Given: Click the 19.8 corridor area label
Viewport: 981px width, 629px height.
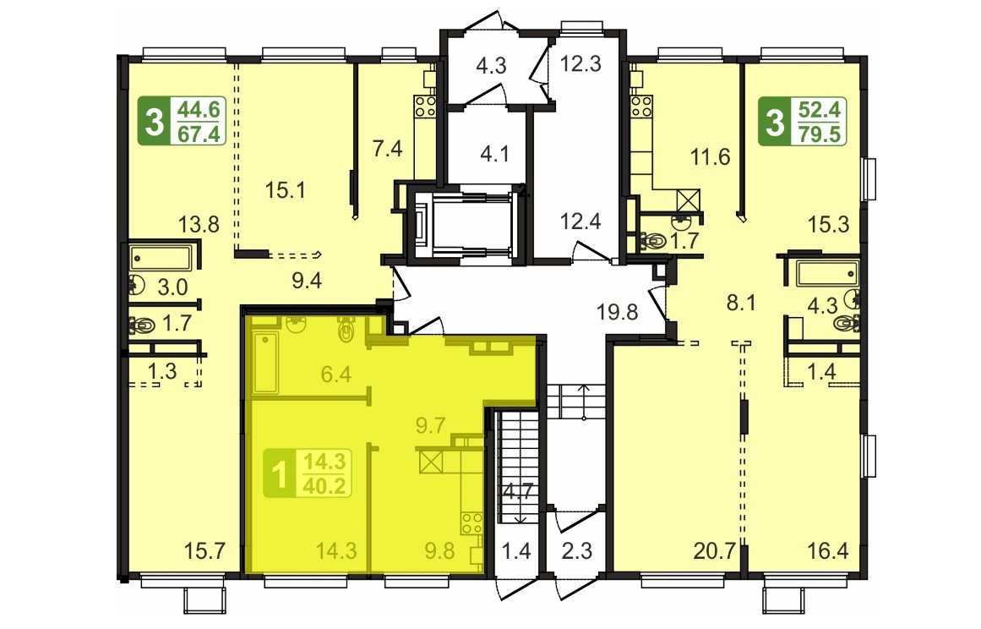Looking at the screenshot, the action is (617, 311).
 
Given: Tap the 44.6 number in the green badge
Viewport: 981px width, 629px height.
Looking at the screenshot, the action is (199, 110).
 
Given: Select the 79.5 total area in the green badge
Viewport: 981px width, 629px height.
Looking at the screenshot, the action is (820, 134).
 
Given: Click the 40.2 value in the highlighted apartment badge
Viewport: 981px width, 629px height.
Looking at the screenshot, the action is (324, 485).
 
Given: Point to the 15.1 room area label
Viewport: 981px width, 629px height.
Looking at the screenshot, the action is (285, 189).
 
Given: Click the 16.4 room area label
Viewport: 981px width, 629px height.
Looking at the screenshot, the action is (827, 550).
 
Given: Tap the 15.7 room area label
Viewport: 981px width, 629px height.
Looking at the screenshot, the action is (204, 550).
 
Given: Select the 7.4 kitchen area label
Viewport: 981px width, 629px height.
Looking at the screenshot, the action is (387, 150).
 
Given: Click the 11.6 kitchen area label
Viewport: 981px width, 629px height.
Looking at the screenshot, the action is (710, 156).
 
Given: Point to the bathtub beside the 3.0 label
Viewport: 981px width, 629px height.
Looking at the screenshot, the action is (161, 257).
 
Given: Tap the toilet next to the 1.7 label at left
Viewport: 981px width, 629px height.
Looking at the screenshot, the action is (144, 325).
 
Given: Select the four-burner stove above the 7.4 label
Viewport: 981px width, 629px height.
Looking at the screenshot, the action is (425, 106).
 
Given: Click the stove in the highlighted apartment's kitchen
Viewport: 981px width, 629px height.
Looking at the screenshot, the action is (471, 523).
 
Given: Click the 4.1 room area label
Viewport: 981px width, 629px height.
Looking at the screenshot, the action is (495, 153).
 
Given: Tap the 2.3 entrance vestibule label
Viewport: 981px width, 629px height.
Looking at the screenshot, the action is (577, 550).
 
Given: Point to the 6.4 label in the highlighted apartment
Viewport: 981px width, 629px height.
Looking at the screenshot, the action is (336, 375).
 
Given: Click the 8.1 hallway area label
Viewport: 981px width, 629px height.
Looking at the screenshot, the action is (741, 303).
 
